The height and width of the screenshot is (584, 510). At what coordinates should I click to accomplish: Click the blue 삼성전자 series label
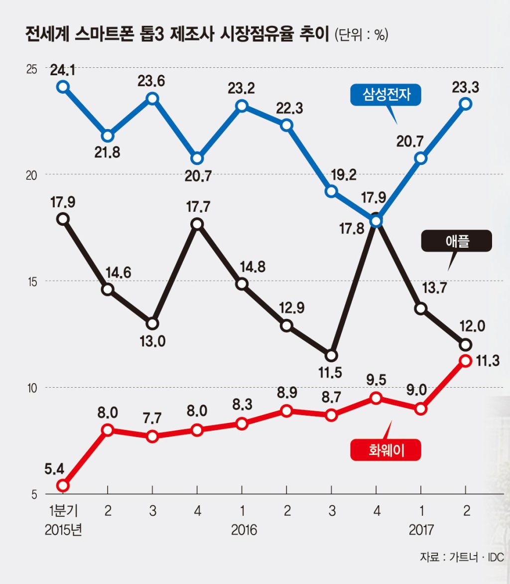coord(385,95)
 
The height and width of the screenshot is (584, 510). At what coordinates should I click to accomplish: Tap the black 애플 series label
coord(456,241)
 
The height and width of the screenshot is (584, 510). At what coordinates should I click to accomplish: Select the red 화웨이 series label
coord(385,450)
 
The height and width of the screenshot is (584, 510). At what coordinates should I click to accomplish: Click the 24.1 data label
coord(63,70)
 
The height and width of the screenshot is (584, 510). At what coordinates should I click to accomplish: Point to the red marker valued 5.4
coord(63,485)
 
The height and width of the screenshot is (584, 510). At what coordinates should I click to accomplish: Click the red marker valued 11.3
coord(466,361)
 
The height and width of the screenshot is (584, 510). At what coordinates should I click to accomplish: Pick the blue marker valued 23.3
coord(466,104)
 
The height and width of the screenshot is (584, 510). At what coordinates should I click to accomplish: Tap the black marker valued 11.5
coord(331,356)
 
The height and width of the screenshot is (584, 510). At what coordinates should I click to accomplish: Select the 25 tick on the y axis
coord(32,69)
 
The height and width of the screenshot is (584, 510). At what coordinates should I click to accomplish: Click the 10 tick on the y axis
coord(32,388)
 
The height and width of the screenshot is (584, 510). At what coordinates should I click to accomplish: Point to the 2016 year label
coord(244,530)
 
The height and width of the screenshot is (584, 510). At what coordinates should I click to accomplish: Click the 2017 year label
coord(421,530)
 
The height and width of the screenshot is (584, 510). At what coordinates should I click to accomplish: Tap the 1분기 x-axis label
coord(63,510)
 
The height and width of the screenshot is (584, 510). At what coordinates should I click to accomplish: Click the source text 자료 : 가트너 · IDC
coord(462,557)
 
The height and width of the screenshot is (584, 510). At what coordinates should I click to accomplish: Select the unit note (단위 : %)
coord(362,35)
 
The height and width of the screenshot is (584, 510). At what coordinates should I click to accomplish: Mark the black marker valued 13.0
coord(152,324)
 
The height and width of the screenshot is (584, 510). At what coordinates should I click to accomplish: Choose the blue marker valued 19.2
coord(331,191)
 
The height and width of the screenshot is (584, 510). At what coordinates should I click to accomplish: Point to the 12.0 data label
coord(472,326)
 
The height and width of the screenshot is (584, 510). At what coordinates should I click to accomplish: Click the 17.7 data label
coord(198,206)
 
